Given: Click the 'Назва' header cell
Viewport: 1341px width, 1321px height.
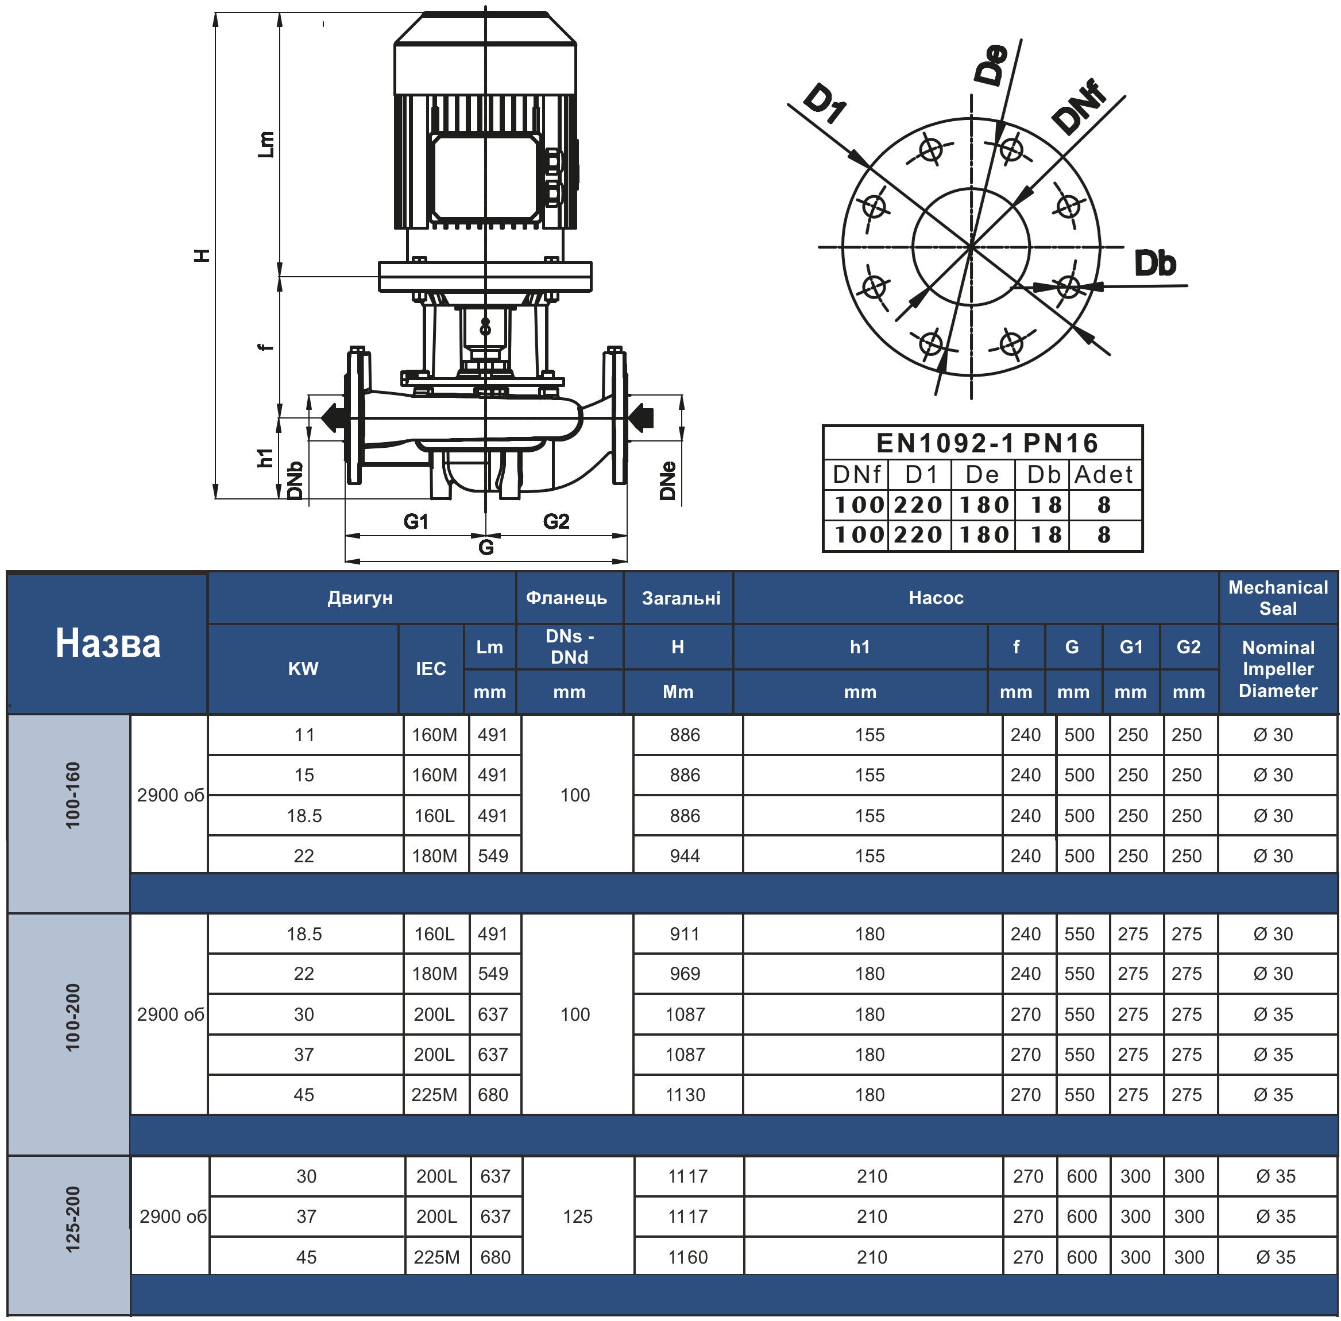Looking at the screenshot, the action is (x=107, y=643).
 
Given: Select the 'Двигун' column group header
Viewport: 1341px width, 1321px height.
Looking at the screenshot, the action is (x=360, y=598).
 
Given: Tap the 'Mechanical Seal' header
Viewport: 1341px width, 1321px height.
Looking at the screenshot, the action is (x=1278, y=598).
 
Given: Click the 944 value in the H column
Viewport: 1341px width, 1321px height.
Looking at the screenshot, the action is (x=685, y=855).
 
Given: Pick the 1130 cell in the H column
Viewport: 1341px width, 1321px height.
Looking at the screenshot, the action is (x=685, y=1095).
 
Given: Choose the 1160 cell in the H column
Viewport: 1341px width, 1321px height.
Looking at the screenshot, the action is (x=688, y=1257).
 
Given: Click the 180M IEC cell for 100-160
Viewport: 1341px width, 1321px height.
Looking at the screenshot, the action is (x=435, y=855).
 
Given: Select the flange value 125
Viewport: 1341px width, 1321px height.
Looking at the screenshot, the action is (x=578, y=1217).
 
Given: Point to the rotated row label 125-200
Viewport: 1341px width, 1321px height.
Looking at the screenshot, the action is (x=73, y=1219).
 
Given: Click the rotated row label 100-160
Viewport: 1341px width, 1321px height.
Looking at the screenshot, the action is (x=73, y=795).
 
